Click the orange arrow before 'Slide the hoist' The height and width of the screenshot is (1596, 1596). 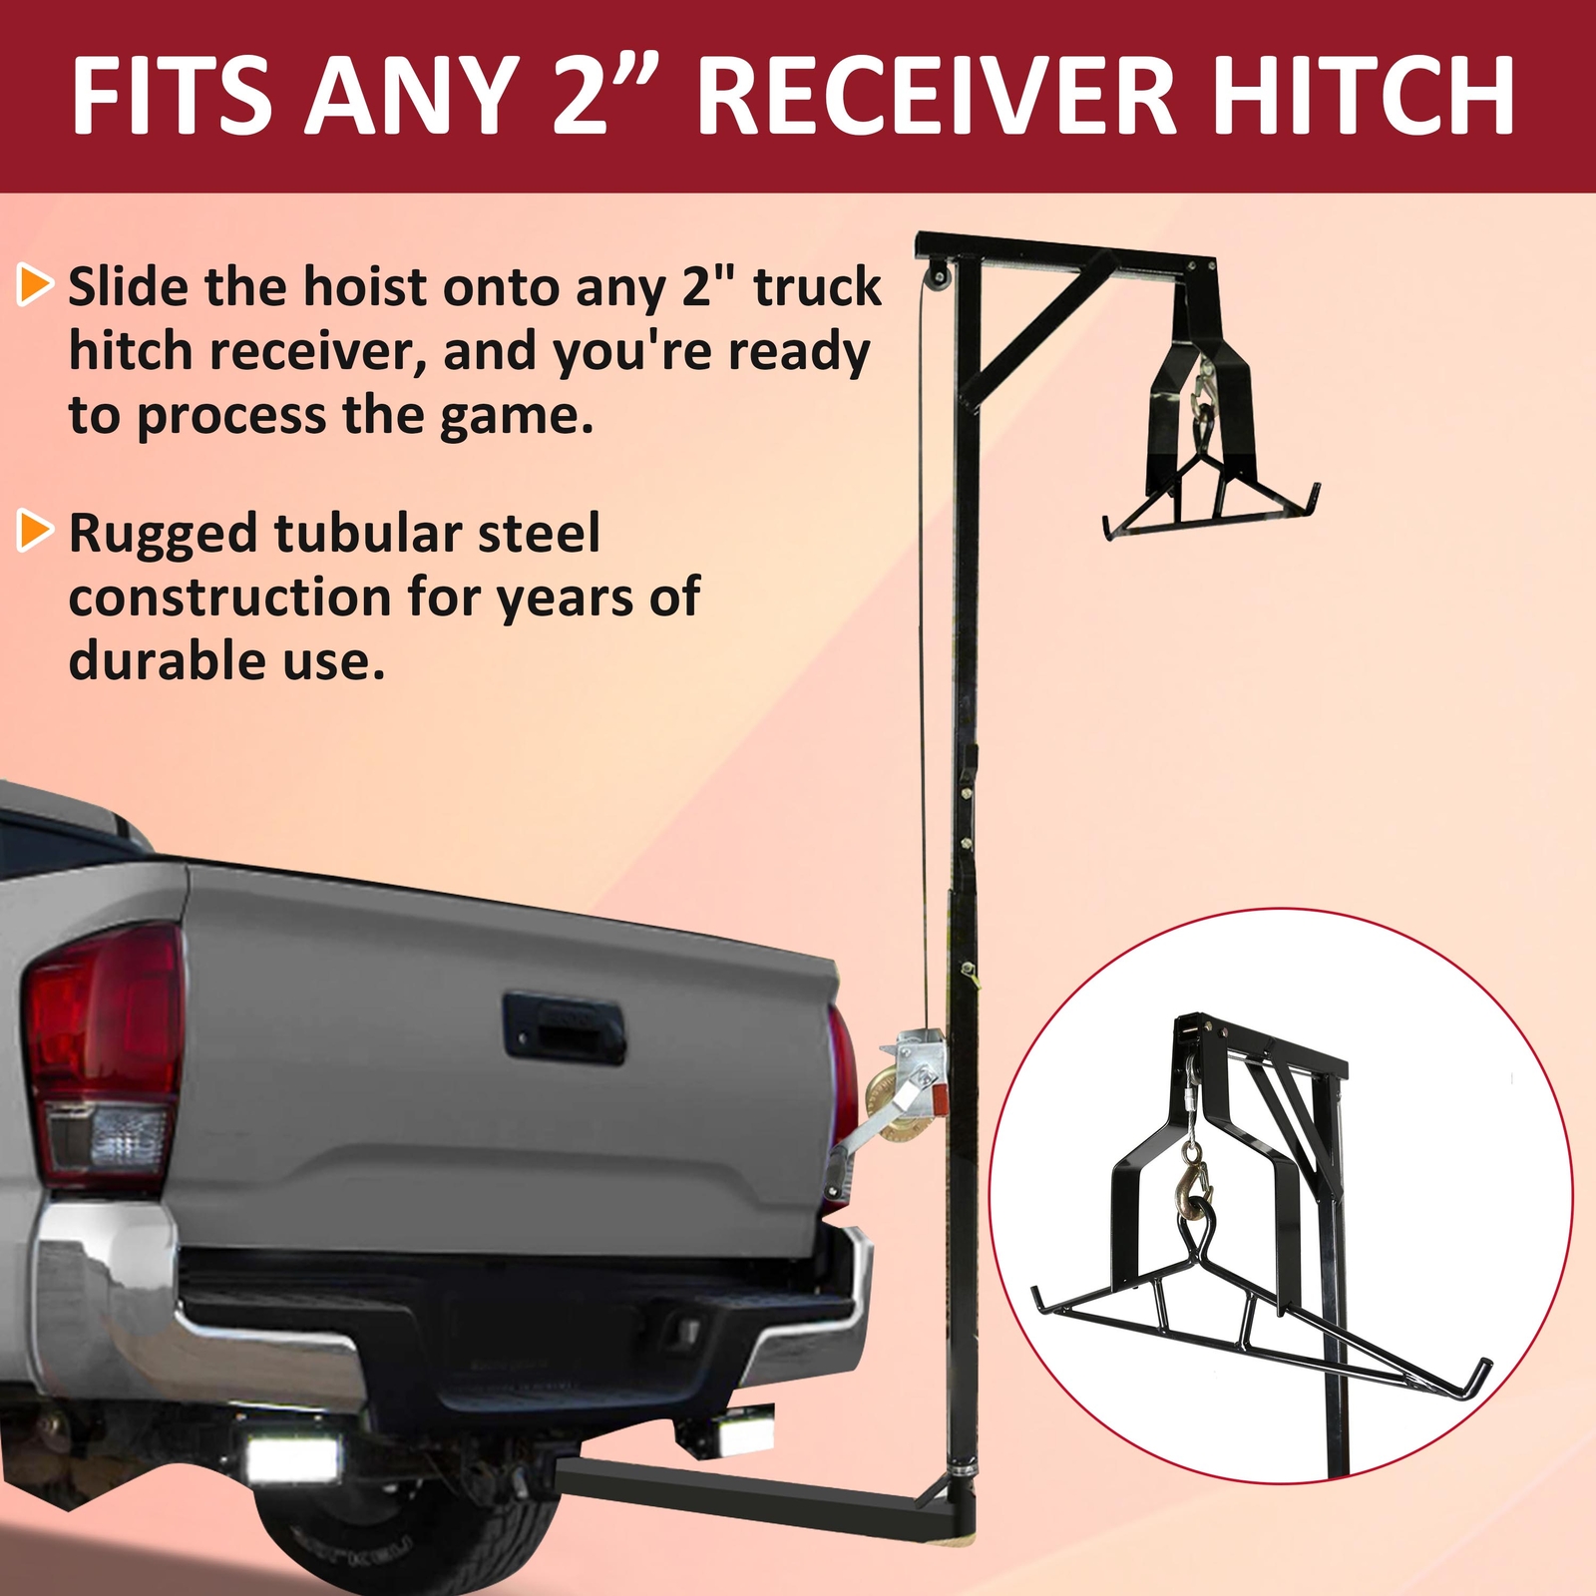click(x=35, y=285)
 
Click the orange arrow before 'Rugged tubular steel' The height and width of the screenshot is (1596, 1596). click(x=35, y=531)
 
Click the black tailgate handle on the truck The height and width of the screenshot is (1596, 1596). click(x=565, y=1027)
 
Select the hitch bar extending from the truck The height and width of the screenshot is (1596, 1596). click(x=738, y=1486)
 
